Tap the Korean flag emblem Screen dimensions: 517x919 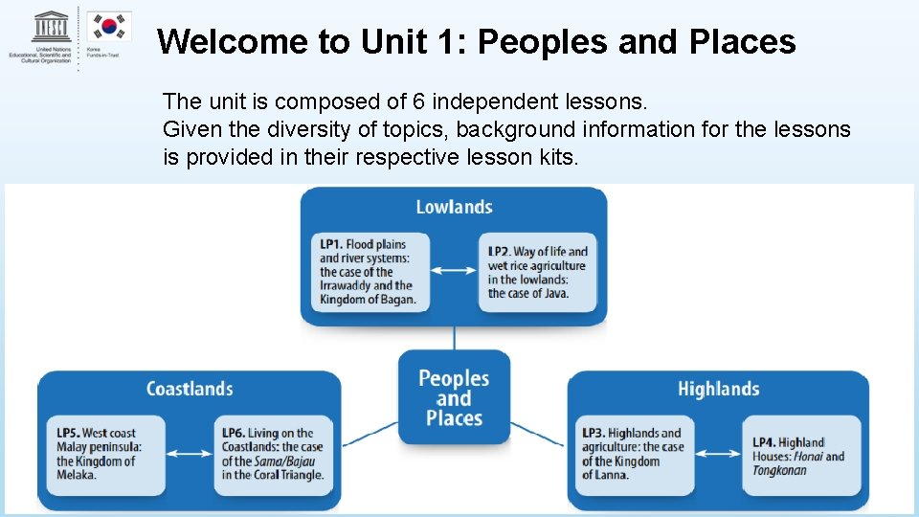(109, 27)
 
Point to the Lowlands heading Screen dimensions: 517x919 (454, 207)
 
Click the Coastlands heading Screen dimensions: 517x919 (190, 389)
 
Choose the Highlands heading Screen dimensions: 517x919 (718, 389)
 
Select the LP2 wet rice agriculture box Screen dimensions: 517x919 (537, 272)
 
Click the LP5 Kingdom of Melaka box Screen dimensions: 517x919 (100, 455)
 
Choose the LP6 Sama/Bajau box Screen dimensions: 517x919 (273, 455)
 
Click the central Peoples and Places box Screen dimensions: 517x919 (454, 398)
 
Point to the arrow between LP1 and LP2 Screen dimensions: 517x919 (453, 271)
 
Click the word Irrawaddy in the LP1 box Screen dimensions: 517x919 (343, 285)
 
